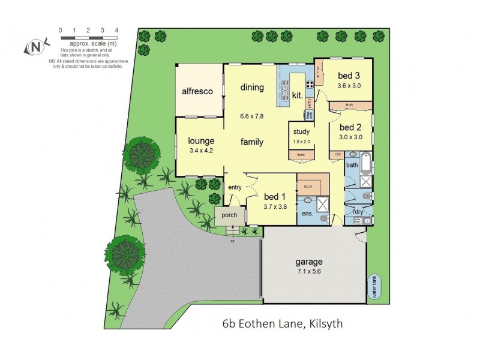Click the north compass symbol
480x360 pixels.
click(x=35, y=47)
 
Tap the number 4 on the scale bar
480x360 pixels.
click(x=116, y=30)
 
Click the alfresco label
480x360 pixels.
click(x=199, y=92)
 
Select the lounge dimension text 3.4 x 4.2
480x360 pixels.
click(x=201, y=151)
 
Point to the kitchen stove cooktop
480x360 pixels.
click(x=310, y=85)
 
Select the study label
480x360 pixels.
click(x=301, y=132)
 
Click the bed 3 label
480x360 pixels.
click(x=349, y=76)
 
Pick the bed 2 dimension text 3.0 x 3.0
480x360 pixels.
click(x=351, y=137)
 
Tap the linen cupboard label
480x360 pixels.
click(x=301, y=155)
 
